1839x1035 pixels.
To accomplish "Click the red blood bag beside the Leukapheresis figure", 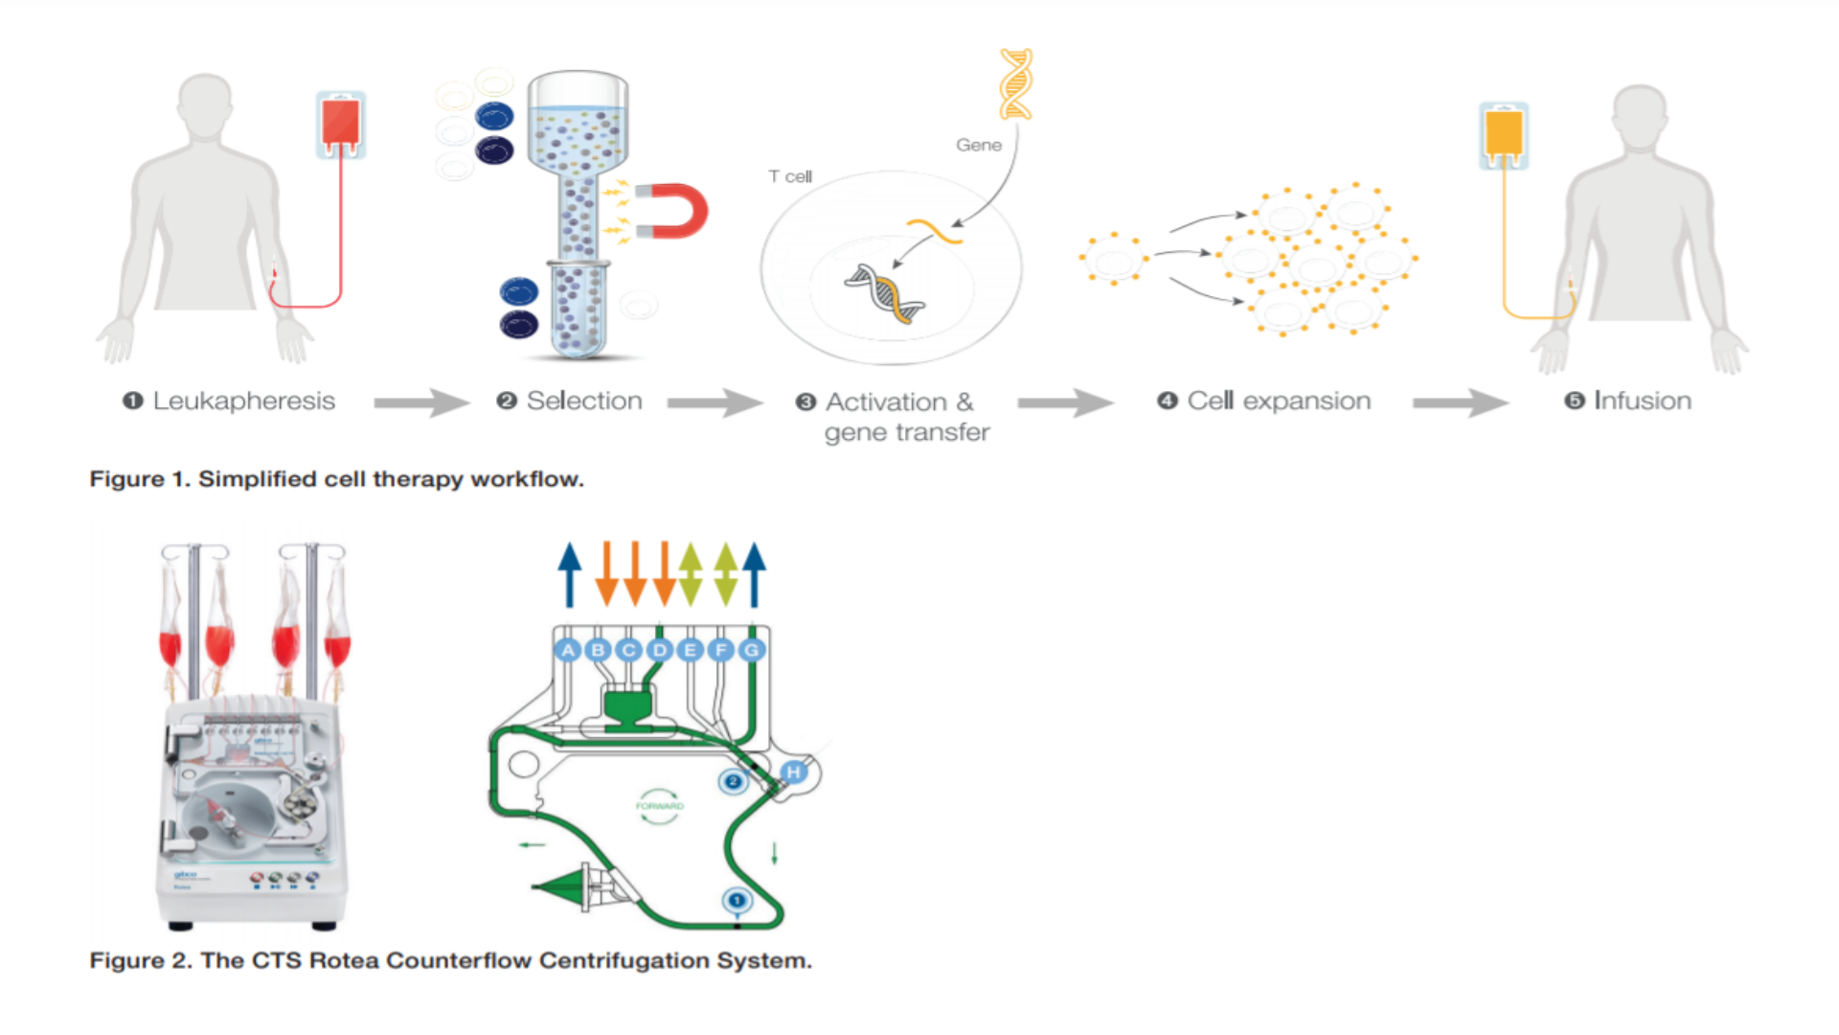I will [341, 124].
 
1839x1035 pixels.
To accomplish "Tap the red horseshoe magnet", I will [682, 211].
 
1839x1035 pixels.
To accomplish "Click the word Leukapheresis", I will [243, 401].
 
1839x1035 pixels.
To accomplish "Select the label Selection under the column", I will [583, 401].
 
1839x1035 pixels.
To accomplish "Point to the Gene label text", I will [978, 145].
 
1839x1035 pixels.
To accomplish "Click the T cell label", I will [790, 176].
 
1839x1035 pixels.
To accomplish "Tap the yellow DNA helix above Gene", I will [1015, 83].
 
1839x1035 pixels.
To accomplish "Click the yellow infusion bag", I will [1503, 134].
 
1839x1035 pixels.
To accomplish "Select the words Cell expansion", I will [1278, 401].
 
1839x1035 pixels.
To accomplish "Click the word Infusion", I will [1642, 401].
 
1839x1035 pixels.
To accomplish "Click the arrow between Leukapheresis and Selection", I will [420, 402].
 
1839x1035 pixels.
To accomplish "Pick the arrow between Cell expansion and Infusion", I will [1460, 402].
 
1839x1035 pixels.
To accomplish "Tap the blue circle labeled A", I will [568, 650].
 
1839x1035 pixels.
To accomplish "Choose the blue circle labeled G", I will [752, 650].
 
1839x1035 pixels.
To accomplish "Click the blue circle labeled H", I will [793, 772].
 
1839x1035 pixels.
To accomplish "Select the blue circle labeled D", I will [660, 650].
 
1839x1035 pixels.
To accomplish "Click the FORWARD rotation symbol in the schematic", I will [659, 806].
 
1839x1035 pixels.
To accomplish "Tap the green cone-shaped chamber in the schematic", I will [565, 886].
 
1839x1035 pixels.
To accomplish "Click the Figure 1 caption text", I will [336, 479].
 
